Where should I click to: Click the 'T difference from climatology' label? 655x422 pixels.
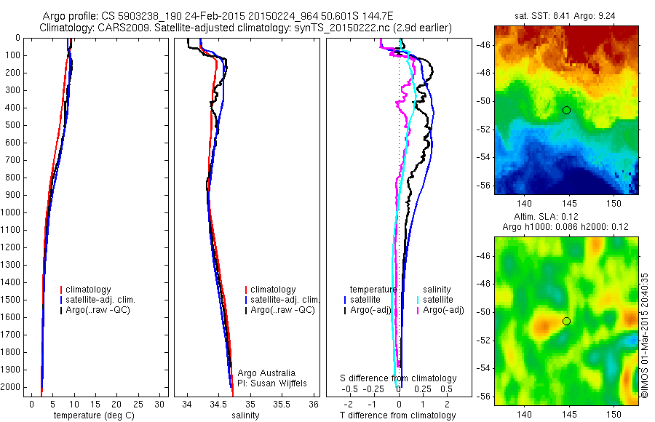398,415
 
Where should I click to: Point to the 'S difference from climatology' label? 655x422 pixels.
399,379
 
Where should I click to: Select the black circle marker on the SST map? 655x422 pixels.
566,110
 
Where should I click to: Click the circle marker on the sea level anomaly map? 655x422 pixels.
566,321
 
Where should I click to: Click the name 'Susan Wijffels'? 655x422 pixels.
276,383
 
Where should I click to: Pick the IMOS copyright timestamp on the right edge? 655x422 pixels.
645,335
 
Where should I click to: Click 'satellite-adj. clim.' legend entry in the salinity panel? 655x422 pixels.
285,300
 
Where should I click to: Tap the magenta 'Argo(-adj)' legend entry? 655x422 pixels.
443,310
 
